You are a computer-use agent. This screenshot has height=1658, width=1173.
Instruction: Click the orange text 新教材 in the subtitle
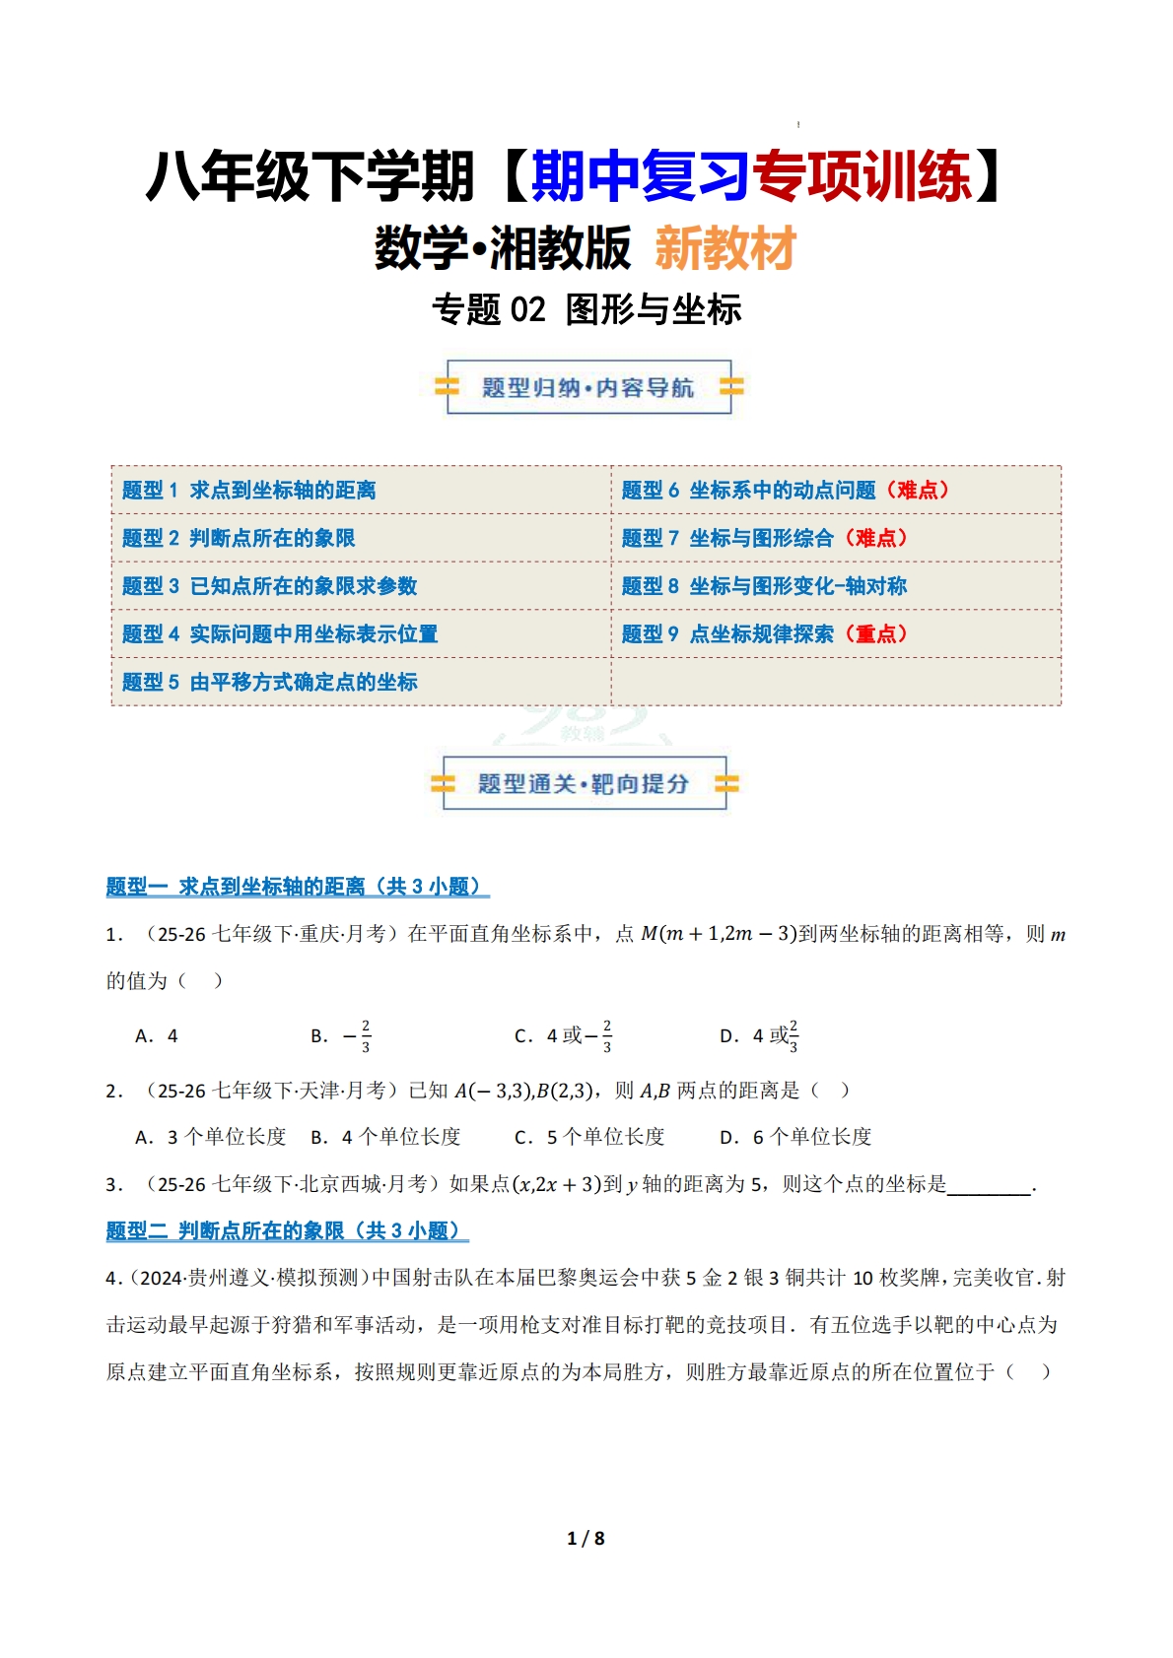click(725, 248)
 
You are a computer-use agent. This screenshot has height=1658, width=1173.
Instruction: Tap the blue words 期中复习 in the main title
click(641, 177)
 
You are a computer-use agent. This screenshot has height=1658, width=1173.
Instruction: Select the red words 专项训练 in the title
click(862, 177)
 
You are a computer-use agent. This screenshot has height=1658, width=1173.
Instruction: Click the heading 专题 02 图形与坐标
click(586, 309)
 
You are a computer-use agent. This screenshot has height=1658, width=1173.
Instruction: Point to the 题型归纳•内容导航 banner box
click(588, 387)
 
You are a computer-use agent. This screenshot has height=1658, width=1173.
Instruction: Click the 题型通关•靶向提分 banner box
click(585, 783)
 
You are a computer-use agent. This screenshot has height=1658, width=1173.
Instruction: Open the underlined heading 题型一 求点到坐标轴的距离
click(297, 887)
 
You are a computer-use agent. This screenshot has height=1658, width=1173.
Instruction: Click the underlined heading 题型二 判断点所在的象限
click(287, 1230)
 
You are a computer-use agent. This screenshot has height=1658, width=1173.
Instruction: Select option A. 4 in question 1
click(157, 1036)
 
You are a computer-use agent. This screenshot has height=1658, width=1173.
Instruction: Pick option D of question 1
click(759, 1036)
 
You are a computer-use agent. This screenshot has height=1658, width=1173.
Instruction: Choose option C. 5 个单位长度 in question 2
click(589, 1137)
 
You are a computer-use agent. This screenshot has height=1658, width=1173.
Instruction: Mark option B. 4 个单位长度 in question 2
click(385, 1137)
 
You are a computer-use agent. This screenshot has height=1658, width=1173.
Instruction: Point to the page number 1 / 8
click(586, 1538)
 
